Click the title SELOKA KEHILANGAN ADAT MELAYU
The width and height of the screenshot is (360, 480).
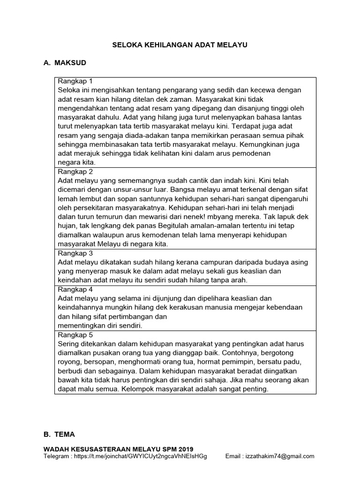click(180, 45)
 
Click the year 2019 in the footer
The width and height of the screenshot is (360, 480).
click(185, 449)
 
